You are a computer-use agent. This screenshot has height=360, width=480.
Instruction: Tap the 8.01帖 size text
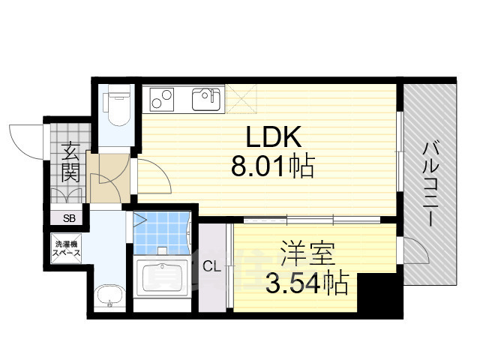click(272, 165)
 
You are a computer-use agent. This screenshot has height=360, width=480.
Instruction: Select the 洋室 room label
click(307, 252)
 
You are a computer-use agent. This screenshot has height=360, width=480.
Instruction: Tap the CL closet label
click(211, 265)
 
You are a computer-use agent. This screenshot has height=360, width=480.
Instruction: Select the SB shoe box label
click(69, 218)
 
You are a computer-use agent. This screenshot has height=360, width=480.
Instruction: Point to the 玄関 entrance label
click(70, 163)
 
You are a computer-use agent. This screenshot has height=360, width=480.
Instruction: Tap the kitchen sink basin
click(208, 98)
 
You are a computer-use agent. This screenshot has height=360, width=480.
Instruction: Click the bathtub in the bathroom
click(162, 279)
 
